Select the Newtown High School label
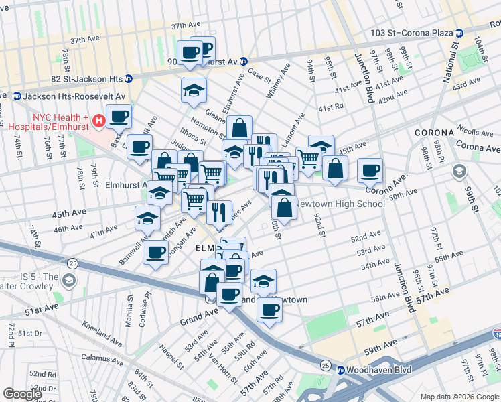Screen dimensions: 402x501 pyautogui.click(x=340, y=204)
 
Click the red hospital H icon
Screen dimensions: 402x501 pyautogui.click(x=99, y=121)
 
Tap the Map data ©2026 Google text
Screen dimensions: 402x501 pyautogui.click(x=459, y=397)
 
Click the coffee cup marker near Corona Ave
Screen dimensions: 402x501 pyautogui.click(x=370, y=171)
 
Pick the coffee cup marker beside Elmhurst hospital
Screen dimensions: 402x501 pyautogui.click(x=119, y=117)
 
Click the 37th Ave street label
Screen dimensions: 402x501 pyautogui.click(x=186, y=26)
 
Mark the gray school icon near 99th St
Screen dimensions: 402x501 pyautogui.click(x=459, y=170)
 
